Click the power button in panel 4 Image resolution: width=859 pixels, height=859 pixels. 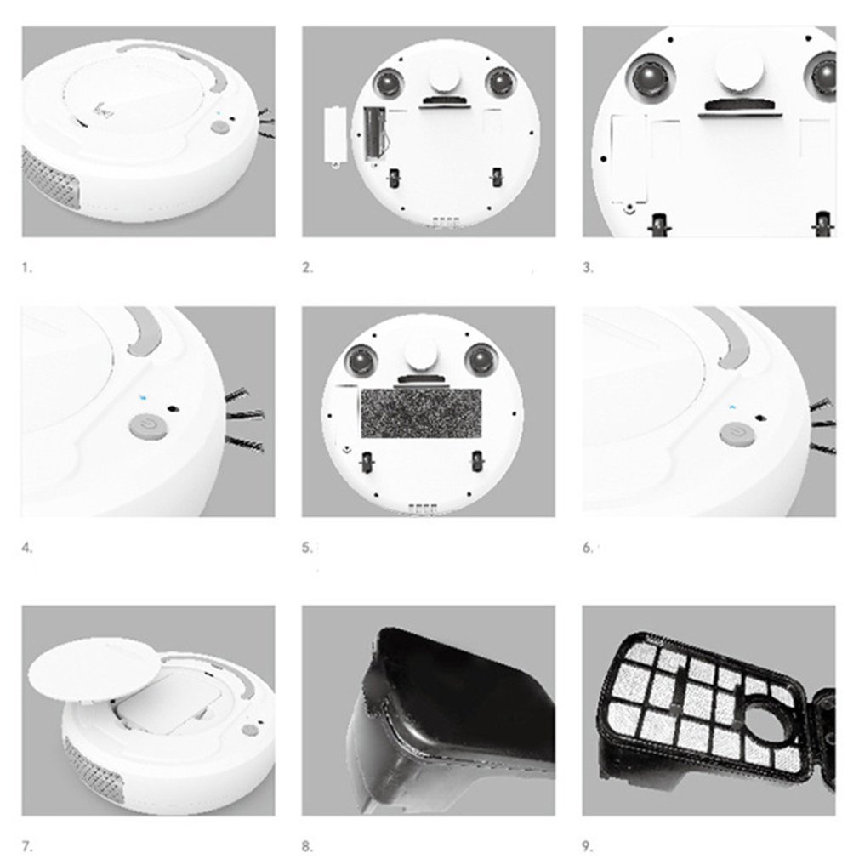(147, 425)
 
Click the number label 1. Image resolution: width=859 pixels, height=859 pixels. (26, 267)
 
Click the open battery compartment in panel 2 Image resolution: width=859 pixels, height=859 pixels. (373, 134)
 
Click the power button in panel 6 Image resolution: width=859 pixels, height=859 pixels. (737, 434)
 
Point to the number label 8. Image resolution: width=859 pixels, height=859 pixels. (306, 846)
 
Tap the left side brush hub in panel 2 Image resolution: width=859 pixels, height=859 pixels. (390, 82)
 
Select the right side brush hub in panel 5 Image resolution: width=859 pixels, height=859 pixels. (481, 360)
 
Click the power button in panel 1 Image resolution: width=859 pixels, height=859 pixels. (220, 128)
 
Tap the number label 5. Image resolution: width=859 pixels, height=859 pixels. (306, 548)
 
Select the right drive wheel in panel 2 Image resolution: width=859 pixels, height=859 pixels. (497, 177)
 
